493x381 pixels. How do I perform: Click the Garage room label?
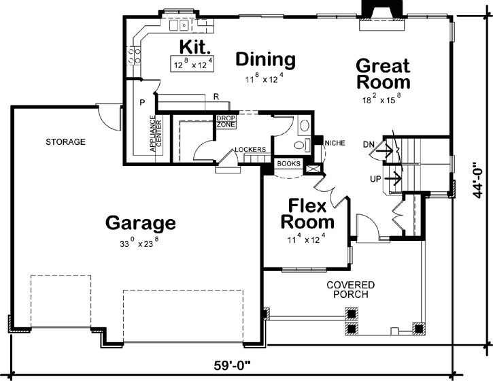tap(141, 222)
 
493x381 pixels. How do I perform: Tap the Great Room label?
tap(383, 74)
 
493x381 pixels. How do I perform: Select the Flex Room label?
tap(308, 214)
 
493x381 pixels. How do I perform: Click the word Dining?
tap(265, 60)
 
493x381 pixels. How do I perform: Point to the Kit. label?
tap(196, 46)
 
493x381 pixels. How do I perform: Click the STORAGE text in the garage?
tap(65, 142)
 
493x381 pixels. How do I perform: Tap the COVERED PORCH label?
tap(350, 289)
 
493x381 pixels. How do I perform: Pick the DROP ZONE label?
tap(225, 121)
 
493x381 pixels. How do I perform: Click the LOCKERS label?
tap(249, 150)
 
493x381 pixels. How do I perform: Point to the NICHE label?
tap(336, 143)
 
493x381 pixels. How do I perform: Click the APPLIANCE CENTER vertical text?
tap(152, 135)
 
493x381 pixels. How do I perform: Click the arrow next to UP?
tap(392, 179)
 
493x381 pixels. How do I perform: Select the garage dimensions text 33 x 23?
tap(141, 244)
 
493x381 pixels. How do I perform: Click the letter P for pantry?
tap(142, 102)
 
